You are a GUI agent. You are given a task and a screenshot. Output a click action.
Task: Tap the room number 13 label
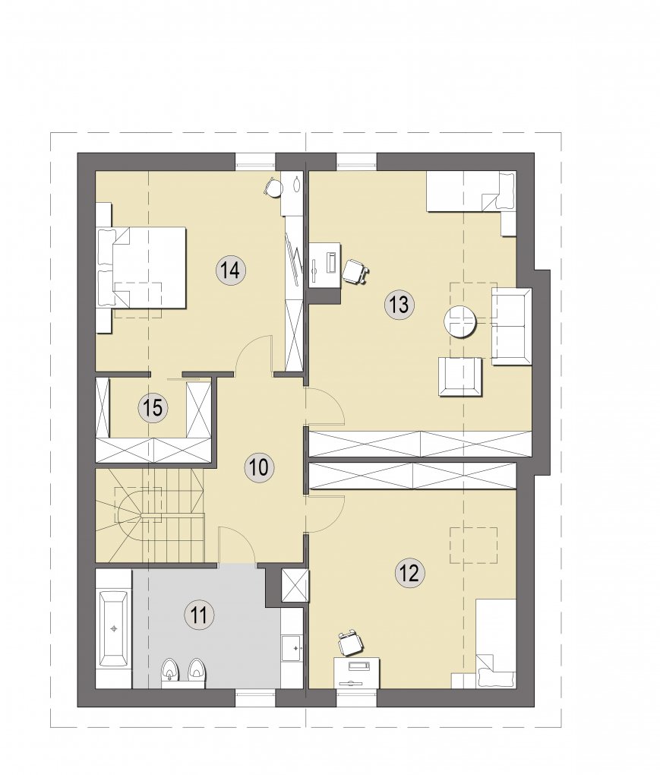point(399,305)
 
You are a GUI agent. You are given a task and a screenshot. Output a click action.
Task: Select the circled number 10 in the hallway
point(259,467)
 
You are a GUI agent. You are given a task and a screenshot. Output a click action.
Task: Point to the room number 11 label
point(198,616)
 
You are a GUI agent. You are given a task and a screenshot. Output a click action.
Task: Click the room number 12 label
point(410,573)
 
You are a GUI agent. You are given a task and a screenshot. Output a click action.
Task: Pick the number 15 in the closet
point(153,408)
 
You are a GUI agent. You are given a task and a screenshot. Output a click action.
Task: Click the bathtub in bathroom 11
point(114,628)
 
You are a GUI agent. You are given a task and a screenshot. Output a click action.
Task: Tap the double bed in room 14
point(142,267)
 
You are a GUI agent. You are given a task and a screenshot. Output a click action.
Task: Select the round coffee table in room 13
point(460,321)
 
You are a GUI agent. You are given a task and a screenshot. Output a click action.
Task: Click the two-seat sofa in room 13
point(512,327)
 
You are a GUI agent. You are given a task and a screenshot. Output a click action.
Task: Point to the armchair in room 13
point(460,377)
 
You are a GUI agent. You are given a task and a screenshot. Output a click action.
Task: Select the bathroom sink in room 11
point(292,647)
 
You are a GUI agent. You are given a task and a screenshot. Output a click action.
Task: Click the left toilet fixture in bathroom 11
point(170,670)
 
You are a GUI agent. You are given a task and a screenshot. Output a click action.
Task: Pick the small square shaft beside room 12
point(295,586)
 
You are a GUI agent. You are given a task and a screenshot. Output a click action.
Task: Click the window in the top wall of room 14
point(255,162)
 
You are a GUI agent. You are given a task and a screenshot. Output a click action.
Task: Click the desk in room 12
point(357,672)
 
